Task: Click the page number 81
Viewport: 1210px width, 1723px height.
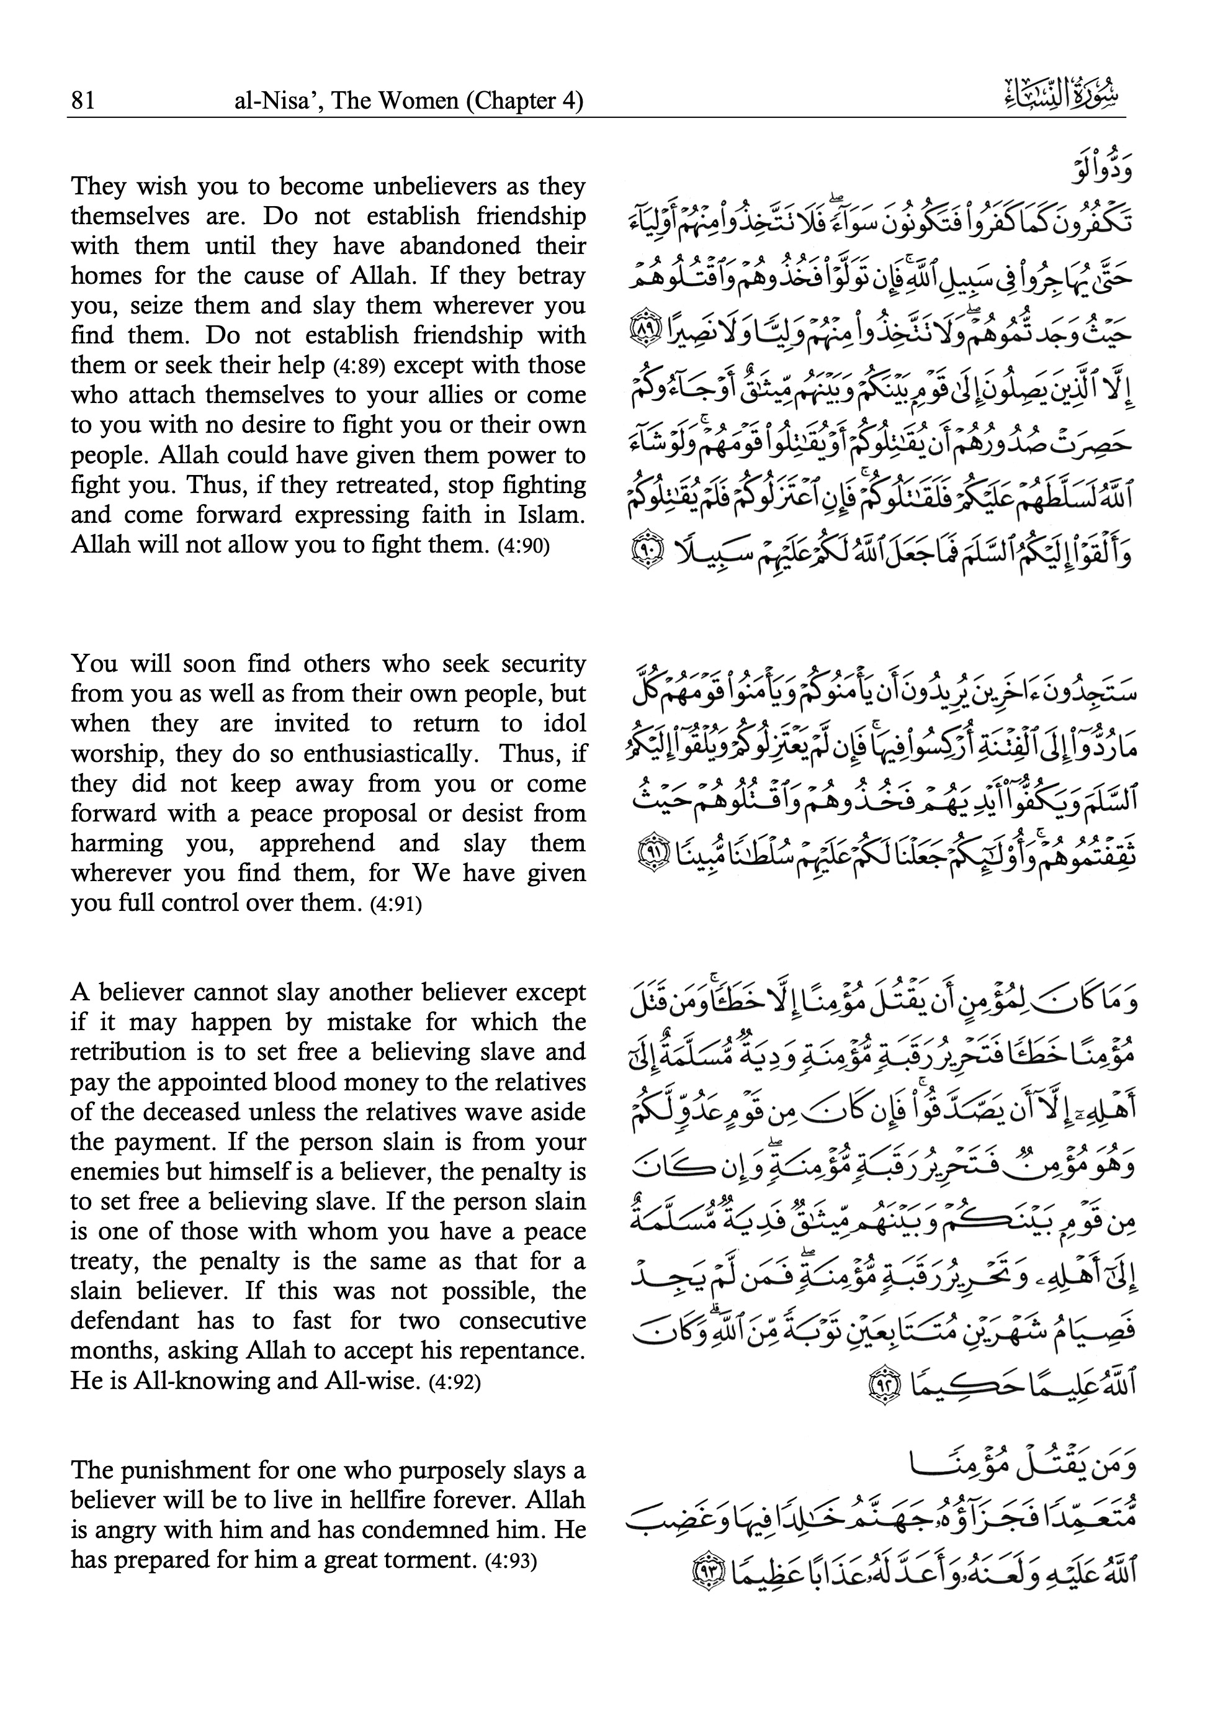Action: pyautogui.click(x=83, y=101)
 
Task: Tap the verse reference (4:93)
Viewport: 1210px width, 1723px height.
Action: pyautogui.click(x=511, y=1562)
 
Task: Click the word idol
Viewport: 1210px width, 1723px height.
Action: pyautogui.click(x=568, y=723)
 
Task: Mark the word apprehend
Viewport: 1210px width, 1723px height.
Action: pyautogui.click(x=316, y=843)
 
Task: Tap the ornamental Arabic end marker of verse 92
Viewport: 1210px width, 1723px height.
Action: pyautogui.click(x=881, y=1381)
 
